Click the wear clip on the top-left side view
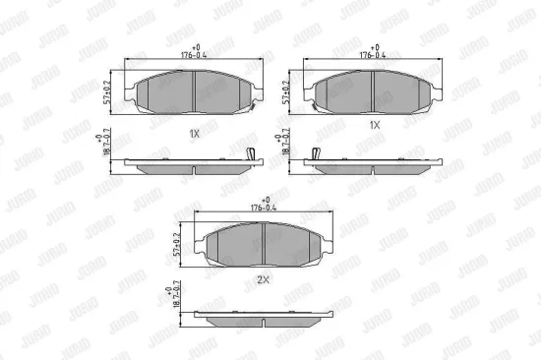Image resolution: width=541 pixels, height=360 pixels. point(251,153)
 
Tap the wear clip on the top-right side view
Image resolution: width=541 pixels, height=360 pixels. point(316,153)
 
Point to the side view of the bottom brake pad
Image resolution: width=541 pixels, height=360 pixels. point(268,319)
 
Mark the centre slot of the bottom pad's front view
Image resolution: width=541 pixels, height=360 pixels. point(268,241)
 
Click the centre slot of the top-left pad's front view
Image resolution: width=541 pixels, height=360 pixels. point(195,90)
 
